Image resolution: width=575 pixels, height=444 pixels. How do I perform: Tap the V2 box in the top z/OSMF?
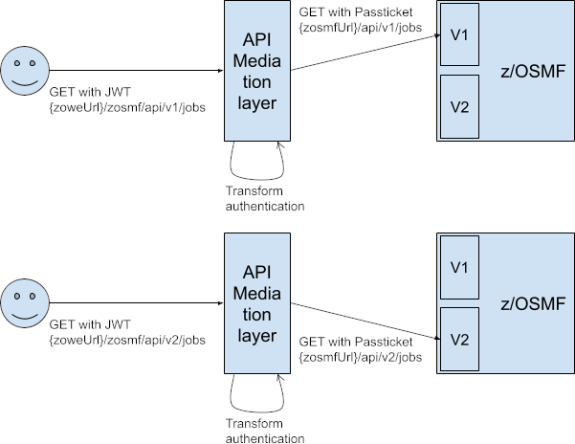point(458,106)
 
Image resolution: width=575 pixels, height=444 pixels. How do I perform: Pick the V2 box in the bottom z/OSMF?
point(458,338)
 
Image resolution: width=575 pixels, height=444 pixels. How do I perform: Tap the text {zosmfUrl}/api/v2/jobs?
point(360,357)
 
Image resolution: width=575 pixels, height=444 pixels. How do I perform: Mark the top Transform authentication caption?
point(265,198)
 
